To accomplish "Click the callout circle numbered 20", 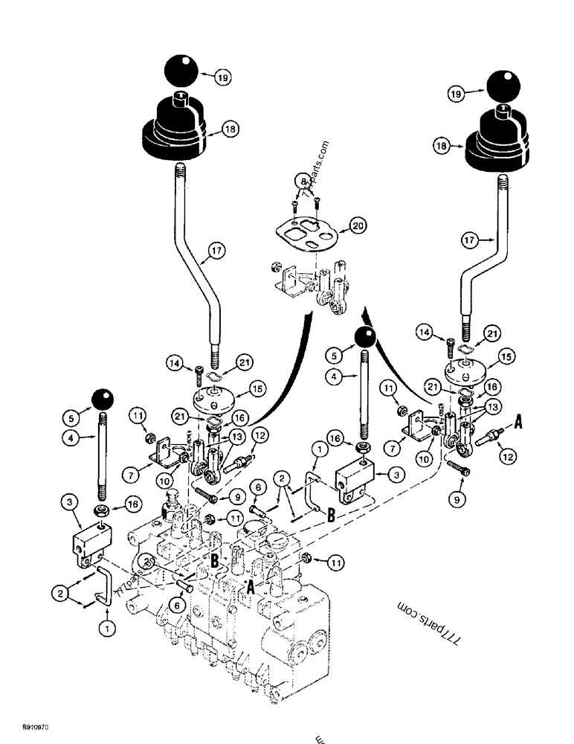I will click(358, 227).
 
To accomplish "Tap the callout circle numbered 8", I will click(303, 181).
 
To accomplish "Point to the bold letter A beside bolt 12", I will click(518, 423).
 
